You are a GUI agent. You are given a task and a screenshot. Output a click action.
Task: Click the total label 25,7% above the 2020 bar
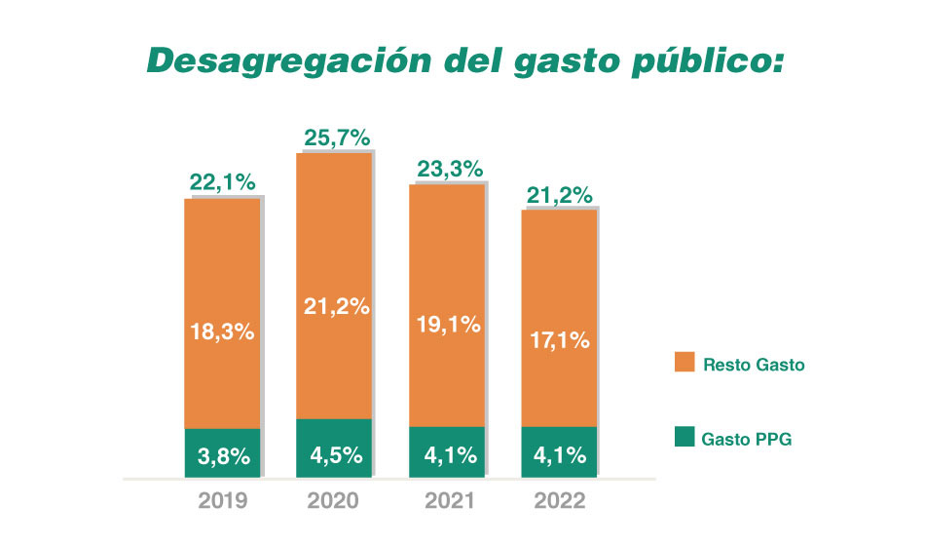(x=336, y=138)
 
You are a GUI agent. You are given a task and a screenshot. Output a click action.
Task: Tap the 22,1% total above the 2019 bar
(x=221, y=182)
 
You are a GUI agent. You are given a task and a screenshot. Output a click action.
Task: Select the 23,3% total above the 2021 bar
(x=449, y=169)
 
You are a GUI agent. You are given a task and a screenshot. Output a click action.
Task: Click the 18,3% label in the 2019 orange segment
(x=221, y=331)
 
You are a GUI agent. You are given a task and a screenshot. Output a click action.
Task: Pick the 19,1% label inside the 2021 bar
(x=449, y=326)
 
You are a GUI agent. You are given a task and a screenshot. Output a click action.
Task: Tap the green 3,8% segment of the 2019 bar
(x=222, y=453)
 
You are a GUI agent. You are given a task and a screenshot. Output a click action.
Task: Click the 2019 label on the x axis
(x=223, y=501)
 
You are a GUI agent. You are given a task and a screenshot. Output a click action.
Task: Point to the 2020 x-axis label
(x=334, y=501)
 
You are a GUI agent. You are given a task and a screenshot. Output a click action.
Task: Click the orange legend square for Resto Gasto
(x=683, y=364)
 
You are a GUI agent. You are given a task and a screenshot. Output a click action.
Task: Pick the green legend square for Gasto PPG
(x=683, y=439)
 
